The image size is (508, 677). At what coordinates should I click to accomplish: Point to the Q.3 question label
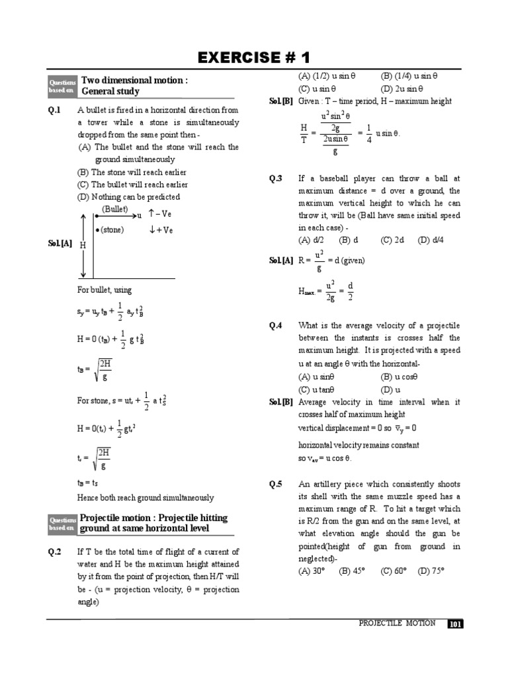pos(276,179)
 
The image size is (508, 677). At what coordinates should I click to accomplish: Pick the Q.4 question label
pos(276,325)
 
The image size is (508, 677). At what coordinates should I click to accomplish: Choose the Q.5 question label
pos(276,484)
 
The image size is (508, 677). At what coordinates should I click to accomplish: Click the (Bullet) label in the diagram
pos(115,209)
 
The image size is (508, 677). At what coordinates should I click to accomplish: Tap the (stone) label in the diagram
pos(110,230)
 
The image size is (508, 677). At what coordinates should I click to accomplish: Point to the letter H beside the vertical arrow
pos(83,245)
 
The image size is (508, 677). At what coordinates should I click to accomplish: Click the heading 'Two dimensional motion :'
pos(134,80)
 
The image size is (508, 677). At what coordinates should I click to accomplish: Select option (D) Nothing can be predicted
pos(128,197)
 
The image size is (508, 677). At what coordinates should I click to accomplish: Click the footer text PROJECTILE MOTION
pos(397,623)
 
